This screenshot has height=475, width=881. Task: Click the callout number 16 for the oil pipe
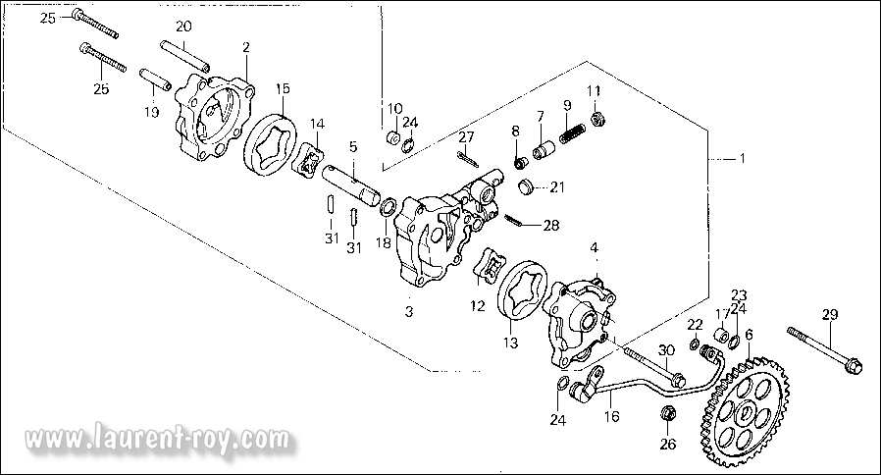[x=611, y=415]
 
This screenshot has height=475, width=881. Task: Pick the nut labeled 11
[x=600, y=118]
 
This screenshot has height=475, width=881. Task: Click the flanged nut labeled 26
[x=666, y=417]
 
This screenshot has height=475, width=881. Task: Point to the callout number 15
[x=283, y=88]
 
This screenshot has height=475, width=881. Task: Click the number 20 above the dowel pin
[x=183, y=26]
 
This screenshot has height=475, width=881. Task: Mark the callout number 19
[x=151, y=113]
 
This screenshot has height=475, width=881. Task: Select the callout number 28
[x=550, y=226]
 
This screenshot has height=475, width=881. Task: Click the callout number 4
[x=593, y=250]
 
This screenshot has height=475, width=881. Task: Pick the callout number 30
[x=666, y=350]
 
